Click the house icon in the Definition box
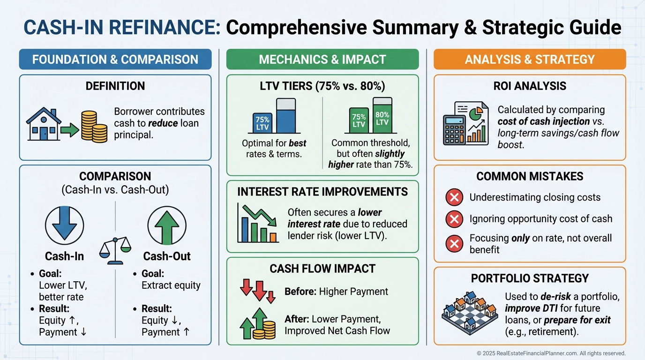click(x=43, y=126)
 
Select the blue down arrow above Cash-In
click(x=64, y=225)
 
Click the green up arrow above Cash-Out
click(x=167, y=225)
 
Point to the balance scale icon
click(x=115, y=248)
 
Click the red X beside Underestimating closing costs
click(x=454, y=197)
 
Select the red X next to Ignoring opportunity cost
click(x=454, y=218)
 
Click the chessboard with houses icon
click(x=469, y=311)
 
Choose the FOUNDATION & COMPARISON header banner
click(x=115, y=60)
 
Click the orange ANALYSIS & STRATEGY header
click(x=530, y=60)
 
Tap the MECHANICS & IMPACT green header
click(x=322, y=60)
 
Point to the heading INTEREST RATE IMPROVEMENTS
click(x=322, y=192)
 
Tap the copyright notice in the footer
click(x=551, y=353)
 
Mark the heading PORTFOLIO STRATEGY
click(x=530, y=278)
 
